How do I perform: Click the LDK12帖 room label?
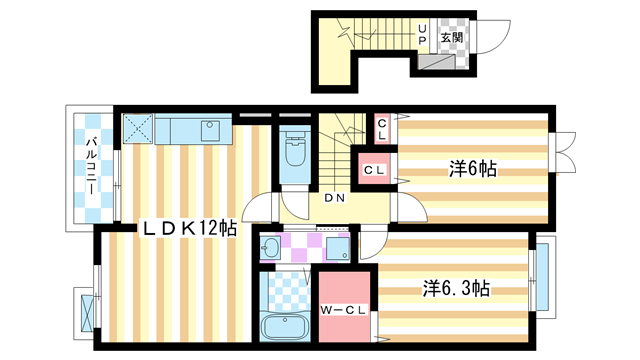pyautogui.click(x=189, y=229)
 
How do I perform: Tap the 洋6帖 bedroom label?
pyautogui.click(x=472, y=170)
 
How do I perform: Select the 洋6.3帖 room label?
pyautogui.click(x=455, y=289)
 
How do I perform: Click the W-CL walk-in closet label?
pyautogui.click(x=342, y=309)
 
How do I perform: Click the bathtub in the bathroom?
pyautogui.click(x=286, y=326)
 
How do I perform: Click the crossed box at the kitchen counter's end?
pyautogui.click(x=137, y=128)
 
